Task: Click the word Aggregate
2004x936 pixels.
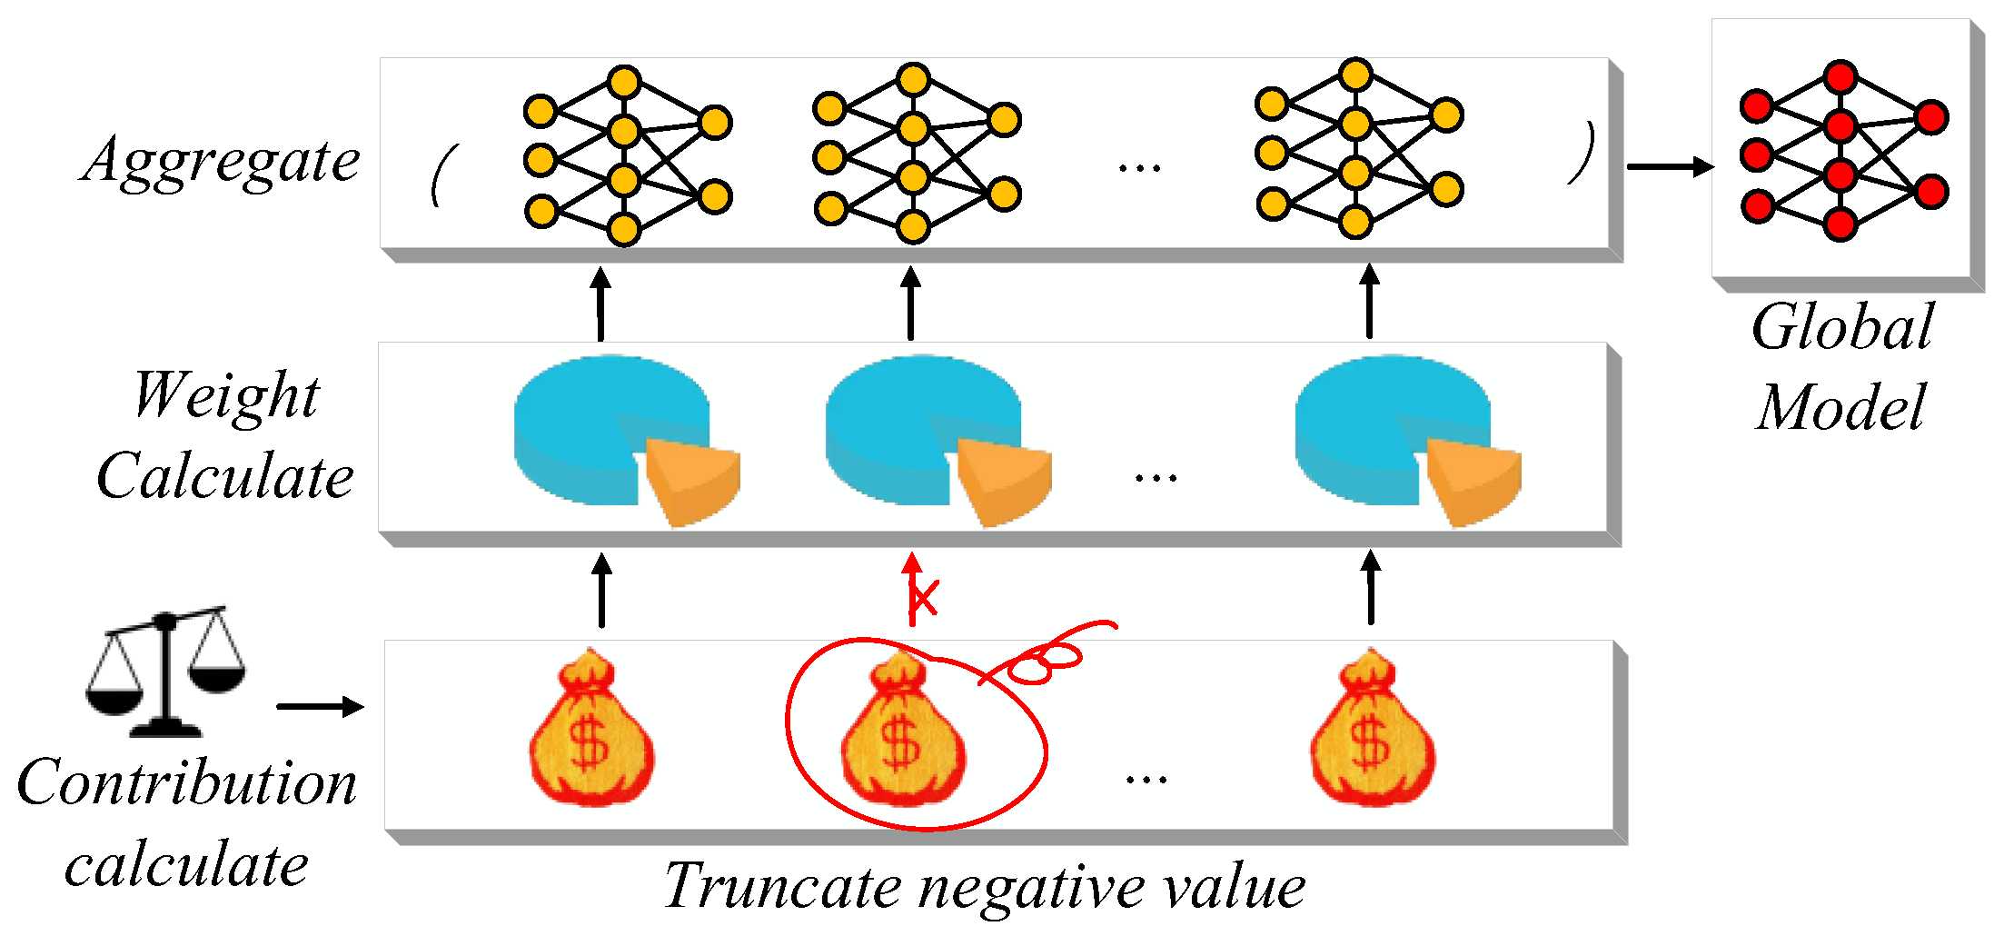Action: pos(221,162)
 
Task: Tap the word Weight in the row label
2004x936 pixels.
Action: pos(226,396)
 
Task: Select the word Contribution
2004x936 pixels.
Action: pos(187,782)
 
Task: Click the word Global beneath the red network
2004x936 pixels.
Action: pos(1842,327)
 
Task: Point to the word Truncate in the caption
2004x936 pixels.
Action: pos(782,885)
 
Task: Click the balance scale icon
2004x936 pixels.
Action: pos(165,672)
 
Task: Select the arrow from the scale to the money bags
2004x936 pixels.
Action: pos(320,706)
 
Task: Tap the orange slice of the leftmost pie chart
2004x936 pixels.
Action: pos(692,480)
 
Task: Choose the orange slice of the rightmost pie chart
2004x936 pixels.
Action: pos(1473,480)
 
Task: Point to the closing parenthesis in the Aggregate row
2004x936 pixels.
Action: pos(1582,153)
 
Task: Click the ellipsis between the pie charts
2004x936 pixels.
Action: pos(1156,477)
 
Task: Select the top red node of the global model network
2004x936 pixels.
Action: pos(1840,77)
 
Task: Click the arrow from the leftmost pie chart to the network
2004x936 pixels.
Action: pos(600,304)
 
